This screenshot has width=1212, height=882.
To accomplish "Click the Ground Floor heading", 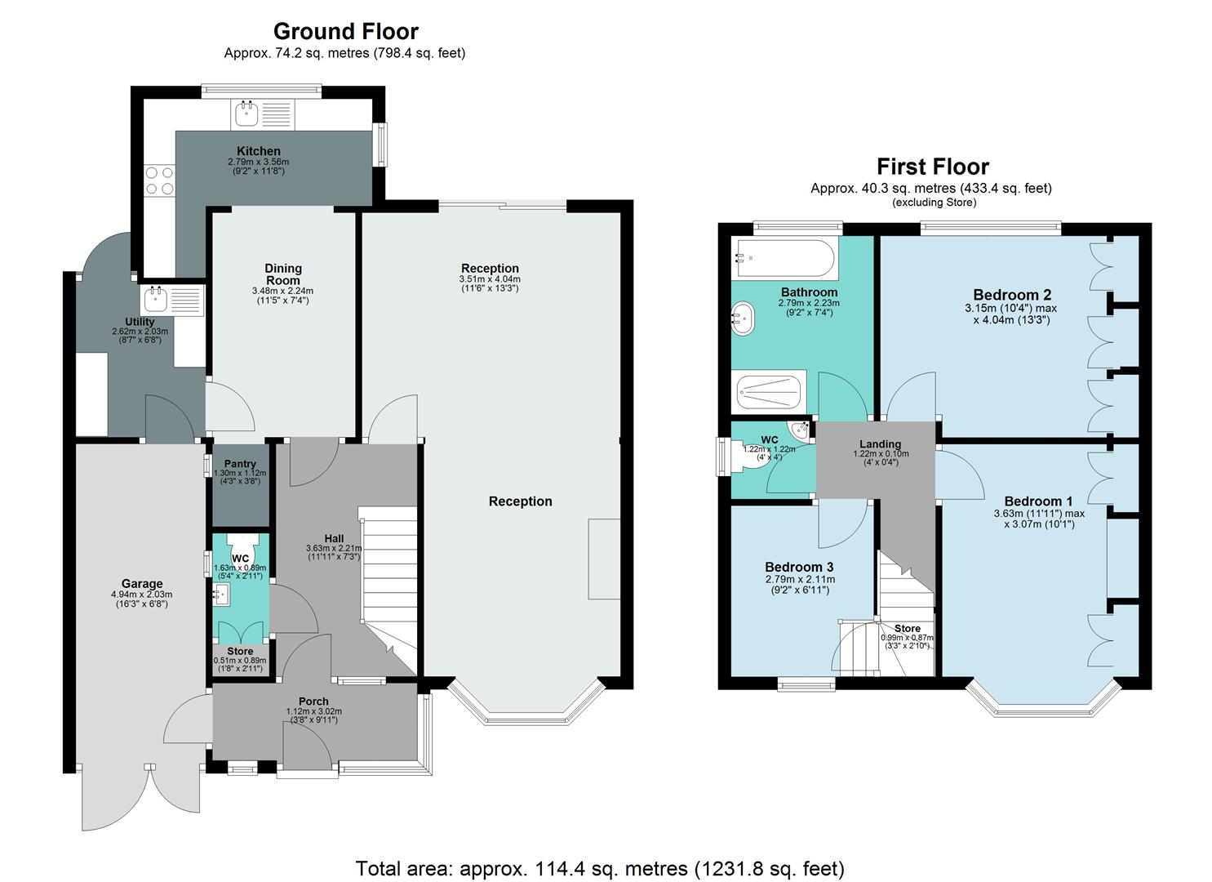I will (x=345, y=31).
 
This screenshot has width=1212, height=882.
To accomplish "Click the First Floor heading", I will (x=932, y=167).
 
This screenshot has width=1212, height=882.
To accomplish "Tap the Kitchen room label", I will (x=258, y=151).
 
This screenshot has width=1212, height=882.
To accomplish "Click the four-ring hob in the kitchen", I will (x=158, y=180).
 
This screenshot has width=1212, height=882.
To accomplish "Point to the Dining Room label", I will (x=282, y=274).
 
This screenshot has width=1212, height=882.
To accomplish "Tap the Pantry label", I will (x=240, y=464).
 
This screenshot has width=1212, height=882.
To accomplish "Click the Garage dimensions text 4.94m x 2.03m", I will (x=142, y=595).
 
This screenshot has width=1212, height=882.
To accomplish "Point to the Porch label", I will (x=313, y=702).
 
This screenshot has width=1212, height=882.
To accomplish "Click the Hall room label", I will (x=334, y=538).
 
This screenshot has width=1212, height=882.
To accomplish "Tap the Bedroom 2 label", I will (x=1011, y=295).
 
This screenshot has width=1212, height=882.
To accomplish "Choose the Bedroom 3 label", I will (x=798, y=567).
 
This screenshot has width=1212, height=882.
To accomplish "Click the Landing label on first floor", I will (x=879, y=444).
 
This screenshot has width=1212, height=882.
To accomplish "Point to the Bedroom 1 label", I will (x=1038, y=501).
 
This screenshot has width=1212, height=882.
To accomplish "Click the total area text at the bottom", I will (x=600, y=868).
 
